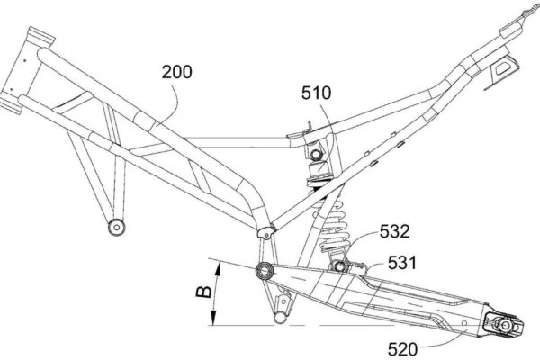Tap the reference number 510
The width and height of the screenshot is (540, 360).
(x=317, y=92)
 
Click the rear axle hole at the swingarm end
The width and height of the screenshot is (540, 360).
(x=502, y=321)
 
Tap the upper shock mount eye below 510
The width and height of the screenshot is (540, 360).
(x=316, y=158)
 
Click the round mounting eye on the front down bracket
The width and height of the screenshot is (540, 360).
(x=114, y=226)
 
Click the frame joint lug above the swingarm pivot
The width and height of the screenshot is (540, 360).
(x=264, y=231)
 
